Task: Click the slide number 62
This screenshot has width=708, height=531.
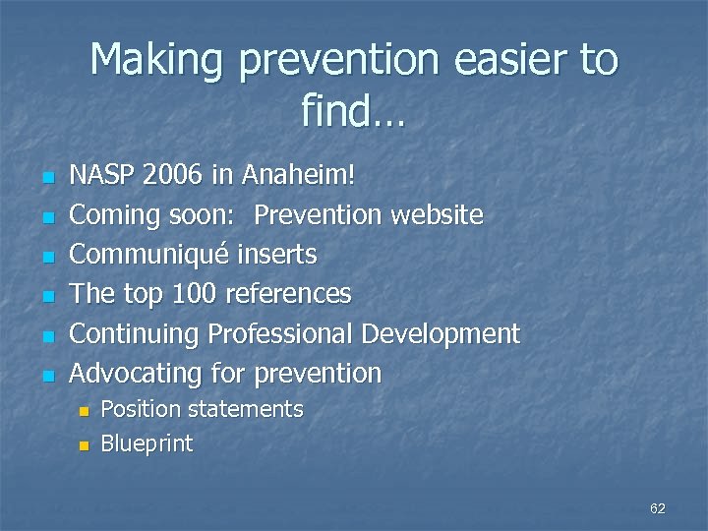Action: click(658, 508)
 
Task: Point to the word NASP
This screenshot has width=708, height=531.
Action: click(103, 175)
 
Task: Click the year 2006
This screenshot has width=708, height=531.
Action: click(174, 175)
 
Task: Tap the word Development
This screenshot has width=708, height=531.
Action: click(440, 334)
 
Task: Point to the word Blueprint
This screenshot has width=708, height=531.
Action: click(147, 443)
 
